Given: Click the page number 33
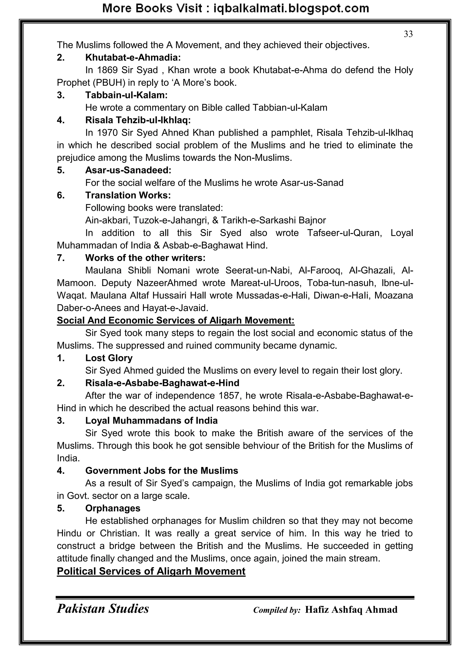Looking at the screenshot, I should point(408,34).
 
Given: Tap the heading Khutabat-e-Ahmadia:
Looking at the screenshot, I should point(133,58).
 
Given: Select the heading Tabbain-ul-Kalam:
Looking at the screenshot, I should point(126,95).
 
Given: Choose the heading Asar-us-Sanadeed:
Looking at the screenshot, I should point(128,170).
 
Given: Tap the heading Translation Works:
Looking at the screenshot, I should point(128,195).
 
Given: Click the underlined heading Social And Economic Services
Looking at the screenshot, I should point(175,320).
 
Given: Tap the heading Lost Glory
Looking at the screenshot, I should point(109,358).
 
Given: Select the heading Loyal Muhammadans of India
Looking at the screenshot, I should point(151,420).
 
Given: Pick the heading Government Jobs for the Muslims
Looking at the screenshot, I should point(162,470).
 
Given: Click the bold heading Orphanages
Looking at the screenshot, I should point(113,508).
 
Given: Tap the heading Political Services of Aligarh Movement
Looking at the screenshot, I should point(151,571).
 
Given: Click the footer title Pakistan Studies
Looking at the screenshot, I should point(103,609).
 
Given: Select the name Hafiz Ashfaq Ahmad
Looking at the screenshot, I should point(351,610).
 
